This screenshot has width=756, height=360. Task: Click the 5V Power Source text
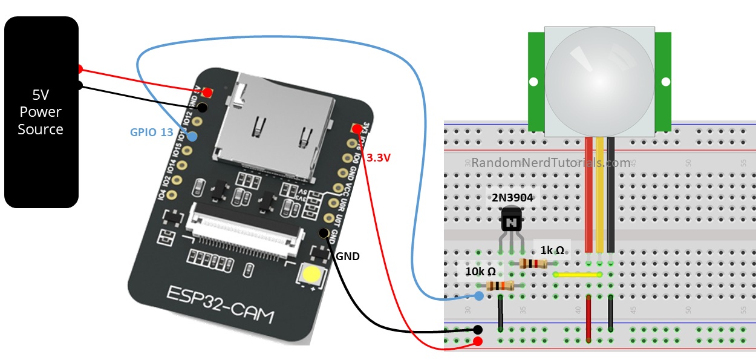point(41,112)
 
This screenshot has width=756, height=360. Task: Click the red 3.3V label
point(379,158)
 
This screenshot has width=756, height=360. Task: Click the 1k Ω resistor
point(533,263)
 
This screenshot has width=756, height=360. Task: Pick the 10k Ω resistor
point(500,286)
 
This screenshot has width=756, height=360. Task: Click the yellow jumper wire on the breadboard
point(578,274)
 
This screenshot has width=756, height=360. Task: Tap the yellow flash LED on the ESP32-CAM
point(312,275)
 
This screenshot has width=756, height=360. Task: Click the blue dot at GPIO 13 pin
point(192,137)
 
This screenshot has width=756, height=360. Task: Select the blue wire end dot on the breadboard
point(479,296)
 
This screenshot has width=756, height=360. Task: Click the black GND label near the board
point(347,256)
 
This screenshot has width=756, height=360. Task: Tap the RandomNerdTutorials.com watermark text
point(550,163)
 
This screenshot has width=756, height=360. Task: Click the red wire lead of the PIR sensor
point(588,194)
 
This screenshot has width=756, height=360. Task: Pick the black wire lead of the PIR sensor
point(611,194)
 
